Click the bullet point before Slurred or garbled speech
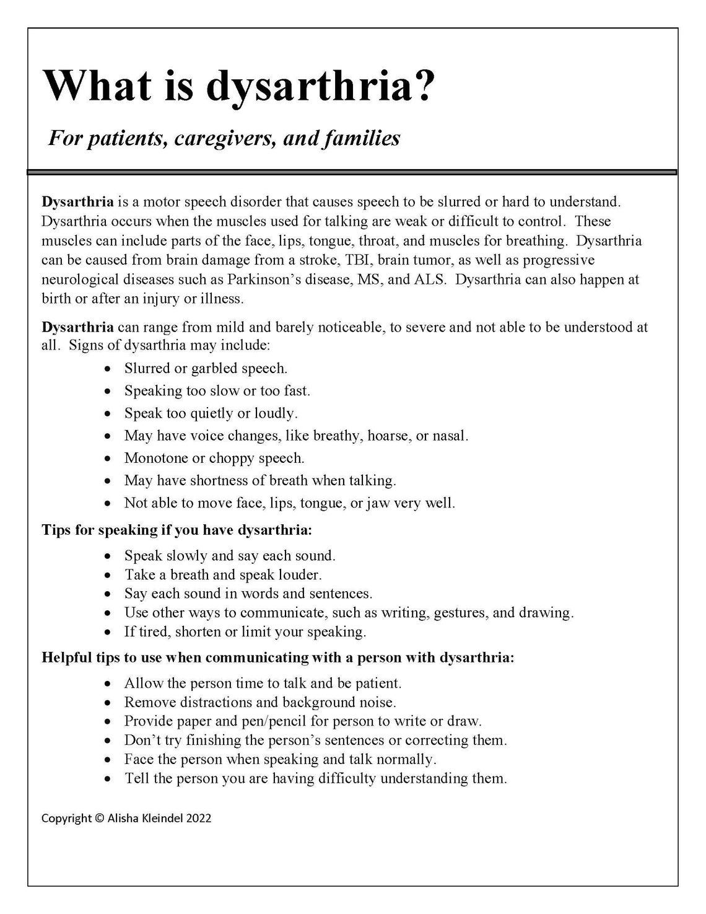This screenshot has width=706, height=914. click(x=108, y=369)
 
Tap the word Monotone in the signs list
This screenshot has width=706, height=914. click(x=154, y=458)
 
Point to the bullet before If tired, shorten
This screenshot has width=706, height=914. click(x=108, y=633)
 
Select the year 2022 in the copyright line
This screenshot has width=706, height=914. click(x=198, y=818)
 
